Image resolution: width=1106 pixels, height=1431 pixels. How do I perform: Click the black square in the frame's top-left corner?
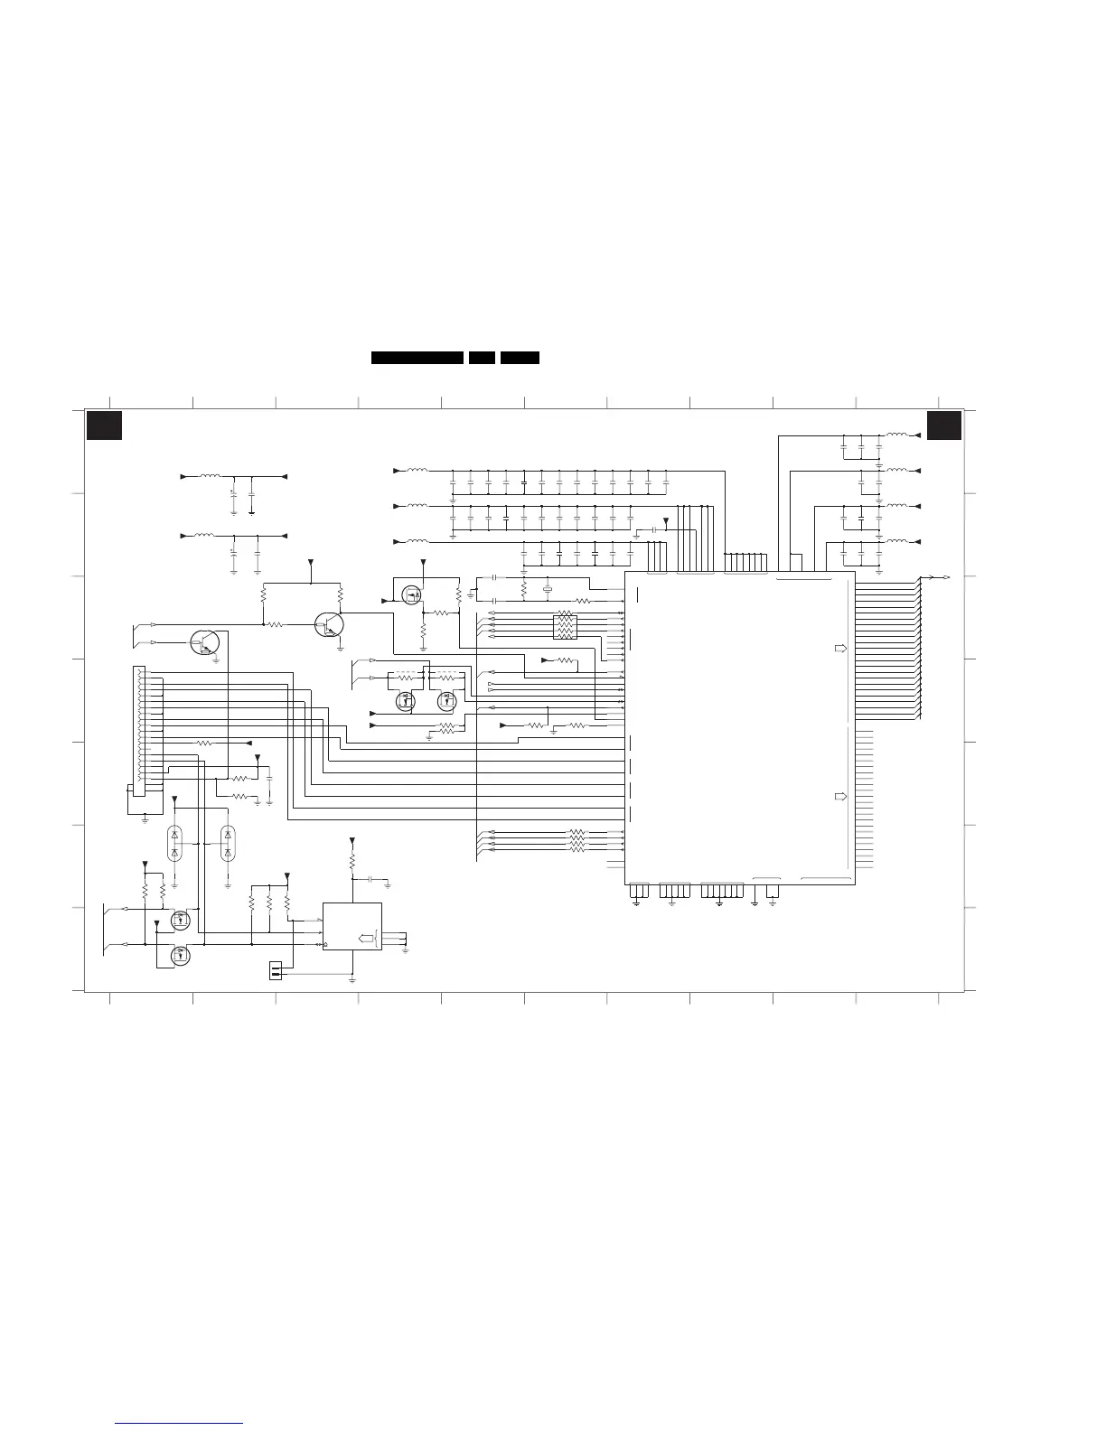[104, 426]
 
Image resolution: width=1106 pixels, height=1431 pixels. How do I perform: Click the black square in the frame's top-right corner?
[944, 426]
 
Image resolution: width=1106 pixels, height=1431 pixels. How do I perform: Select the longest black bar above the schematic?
[417, 358]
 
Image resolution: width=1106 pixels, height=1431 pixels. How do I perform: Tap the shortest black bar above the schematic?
[482, 358]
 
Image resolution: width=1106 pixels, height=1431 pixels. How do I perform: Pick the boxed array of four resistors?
[565, 626]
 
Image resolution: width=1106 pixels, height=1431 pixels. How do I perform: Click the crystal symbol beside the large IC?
[547, 591]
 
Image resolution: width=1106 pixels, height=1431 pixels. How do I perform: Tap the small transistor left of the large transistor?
[205, 642]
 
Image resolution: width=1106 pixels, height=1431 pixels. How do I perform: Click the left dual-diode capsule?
[174, 842]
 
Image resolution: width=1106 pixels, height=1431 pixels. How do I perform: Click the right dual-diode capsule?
[227, 842]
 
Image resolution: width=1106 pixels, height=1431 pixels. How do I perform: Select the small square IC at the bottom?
[352, 926]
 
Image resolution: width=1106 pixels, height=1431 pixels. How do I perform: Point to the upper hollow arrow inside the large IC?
[840, 649]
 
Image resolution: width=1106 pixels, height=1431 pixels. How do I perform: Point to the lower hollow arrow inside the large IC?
[840, 797]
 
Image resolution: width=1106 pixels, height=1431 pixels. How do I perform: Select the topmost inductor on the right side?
[897, 435]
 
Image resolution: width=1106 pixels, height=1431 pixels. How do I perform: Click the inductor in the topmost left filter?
[208, 475]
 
